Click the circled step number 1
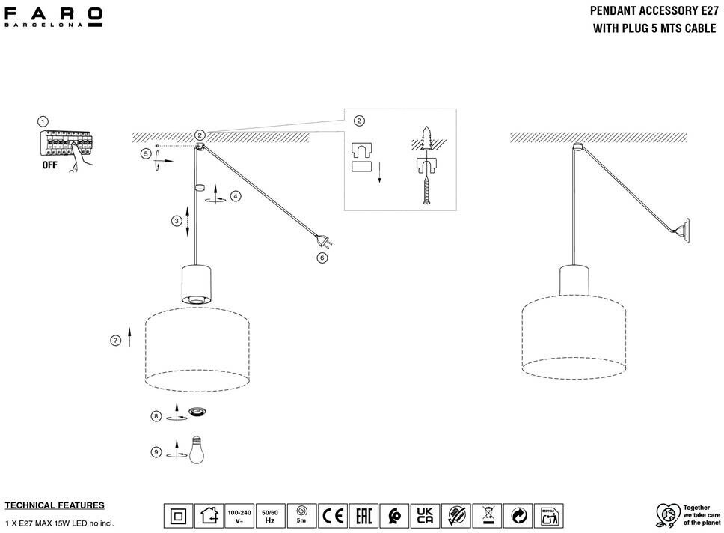pos(43,121)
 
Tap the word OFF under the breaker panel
pos(50,166)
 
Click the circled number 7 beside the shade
pos(115,341)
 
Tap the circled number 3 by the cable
pos(177,221)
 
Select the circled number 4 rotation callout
pos(236,196)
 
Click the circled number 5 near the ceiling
pos(146,153)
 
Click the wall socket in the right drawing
pos(681,229)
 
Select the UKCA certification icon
pos(425,516)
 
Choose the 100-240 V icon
pos(239,516)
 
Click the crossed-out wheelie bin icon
pos(486,516)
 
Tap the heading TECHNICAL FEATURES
pos(55,505)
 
